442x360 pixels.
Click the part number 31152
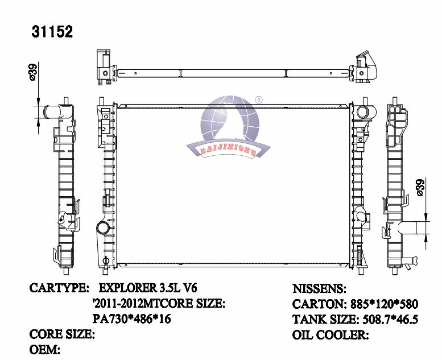(x=52, y=32)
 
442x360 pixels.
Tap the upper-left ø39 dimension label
(x=32, y=72)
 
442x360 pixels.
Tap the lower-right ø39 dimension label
(x=420, y=188)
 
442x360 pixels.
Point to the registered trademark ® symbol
(x=258, y=100)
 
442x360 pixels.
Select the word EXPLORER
(x=127, y=288)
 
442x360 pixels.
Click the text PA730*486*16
(x=132, y=319)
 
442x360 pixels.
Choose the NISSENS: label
(x=319, y=288)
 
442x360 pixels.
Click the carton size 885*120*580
(x=384, y=304)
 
